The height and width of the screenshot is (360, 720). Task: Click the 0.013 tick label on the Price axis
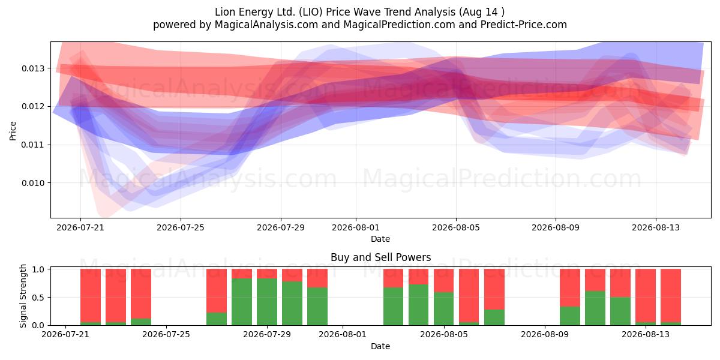[x=33, y=68]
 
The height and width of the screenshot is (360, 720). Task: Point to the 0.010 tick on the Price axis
[x=33, y=183]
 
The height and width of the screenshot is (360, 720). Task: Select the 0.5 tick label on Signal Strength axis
[x=38, y=298]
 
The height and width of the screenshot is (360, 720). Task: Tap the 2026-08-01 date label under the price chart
[x=355, y=227]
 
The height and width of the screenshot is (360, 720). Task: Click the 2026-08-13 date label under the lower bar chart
[x=646, y=334]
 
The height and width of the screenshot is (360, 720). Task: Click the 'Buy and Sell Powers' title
[x=380, y=257]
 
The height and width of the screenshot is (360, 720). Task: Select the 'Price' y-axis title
[x=13, y=131]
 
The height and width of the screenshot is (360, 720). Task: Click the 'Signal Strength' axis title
[x=23, y=296]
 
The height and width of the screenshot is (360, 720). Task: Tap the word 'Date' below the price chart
[x=380, y=239]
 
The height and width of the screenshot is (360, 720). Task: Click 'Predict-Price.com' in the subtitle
[x=524, y=25]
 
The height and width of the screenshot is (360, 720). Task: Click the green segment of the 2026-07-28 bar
[x=242, y=302]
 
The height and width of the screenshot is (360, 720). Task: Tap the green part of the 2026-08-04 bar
[x=419, y=305]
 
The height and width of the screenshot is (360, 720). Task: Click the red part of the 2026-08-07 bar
[x=494, y=289]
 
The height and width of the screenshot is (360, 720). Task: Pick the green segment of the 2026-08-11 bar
[x=595, y=308]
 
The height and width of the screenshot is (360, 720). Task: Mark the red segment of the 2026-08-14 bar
[x=671, y=295]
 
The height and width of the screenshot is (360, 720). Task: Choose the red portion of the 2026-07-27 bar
[x=217, y=290]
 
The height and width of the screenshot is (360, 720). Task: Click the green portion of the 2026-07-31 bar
[x=317, y=307]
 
